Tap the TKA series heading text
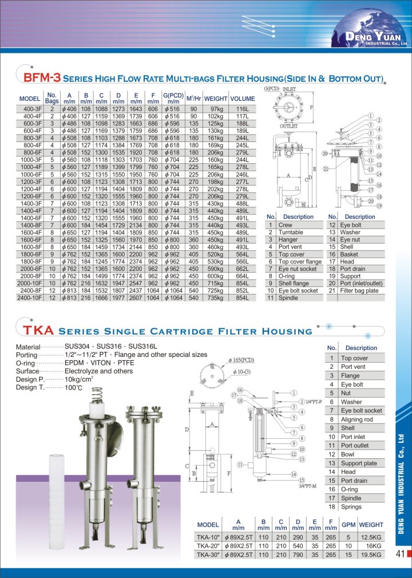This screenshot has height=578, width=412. (38, 330)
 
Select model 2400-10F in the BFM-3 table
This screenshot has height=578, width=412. (30, 298)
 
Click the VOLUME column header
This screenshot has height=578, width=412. (242, 99)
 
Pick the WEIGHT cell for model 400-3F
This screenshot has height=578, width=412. (216, 108)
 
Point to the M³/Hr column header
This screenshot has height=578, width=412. (193, 99)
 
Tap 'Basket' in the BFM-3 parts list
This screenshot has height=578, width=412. (350, 254)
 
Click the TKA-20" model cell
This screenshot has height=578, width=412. (208, 546)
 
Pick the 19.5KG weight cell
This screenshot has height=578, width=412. (371, 554)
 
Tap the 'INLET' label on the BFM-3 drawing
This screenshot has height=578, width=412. (289, 89)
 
